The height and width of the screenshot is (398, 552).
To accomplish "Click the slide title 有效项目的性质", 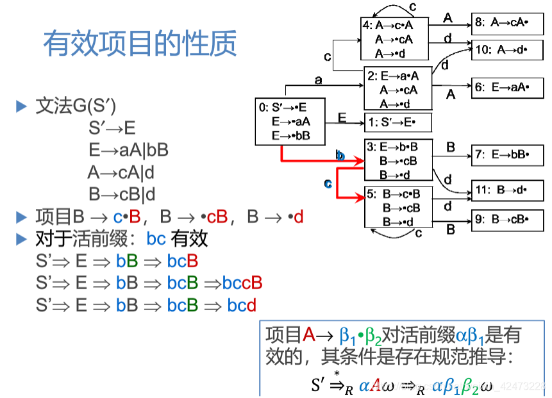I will [140, 44].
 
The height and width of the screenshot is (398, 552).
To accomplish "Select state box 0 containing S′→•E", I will [290, 122].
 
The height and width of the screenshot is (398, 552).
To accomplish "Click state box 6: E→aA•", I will [510, 88].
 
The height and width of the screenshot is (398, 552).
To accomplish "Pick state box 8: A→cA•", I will [510, 22].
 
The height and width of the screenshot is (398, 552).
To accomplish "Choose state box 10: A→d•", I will [510, 49].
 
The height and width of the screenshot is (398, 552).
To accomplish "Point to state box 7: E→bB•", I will [510, 154].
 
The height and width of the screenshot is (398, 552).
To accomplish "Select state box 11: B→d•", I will [510, 190].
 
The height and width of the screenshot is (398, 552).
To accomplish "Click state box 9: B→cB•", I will [510, 219].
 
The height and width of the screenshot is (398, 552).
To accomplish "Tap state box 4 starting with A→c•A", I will [394, 39].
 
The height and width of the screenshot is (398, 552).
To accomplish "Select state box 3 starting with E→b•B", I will [398, 160].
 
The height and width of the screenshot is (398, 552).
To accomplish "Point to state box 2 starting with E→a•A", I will [398, 89].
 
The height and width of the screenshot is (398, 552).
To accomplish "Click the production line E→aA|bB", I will [128, 150].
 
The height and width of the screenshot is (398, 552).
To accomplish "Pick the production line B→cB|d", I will [122, 194].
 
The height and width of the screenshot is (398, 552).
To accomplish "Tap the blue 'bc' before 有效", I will [156, 239].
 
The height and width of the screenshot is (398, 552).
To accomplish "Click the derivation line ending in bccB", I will [149, 283].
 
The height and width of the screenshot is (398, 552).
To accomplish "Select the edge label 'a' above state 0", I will [318, 79].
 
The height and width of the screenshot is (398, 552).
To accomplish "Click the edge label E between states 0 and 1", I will [342, 117].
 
